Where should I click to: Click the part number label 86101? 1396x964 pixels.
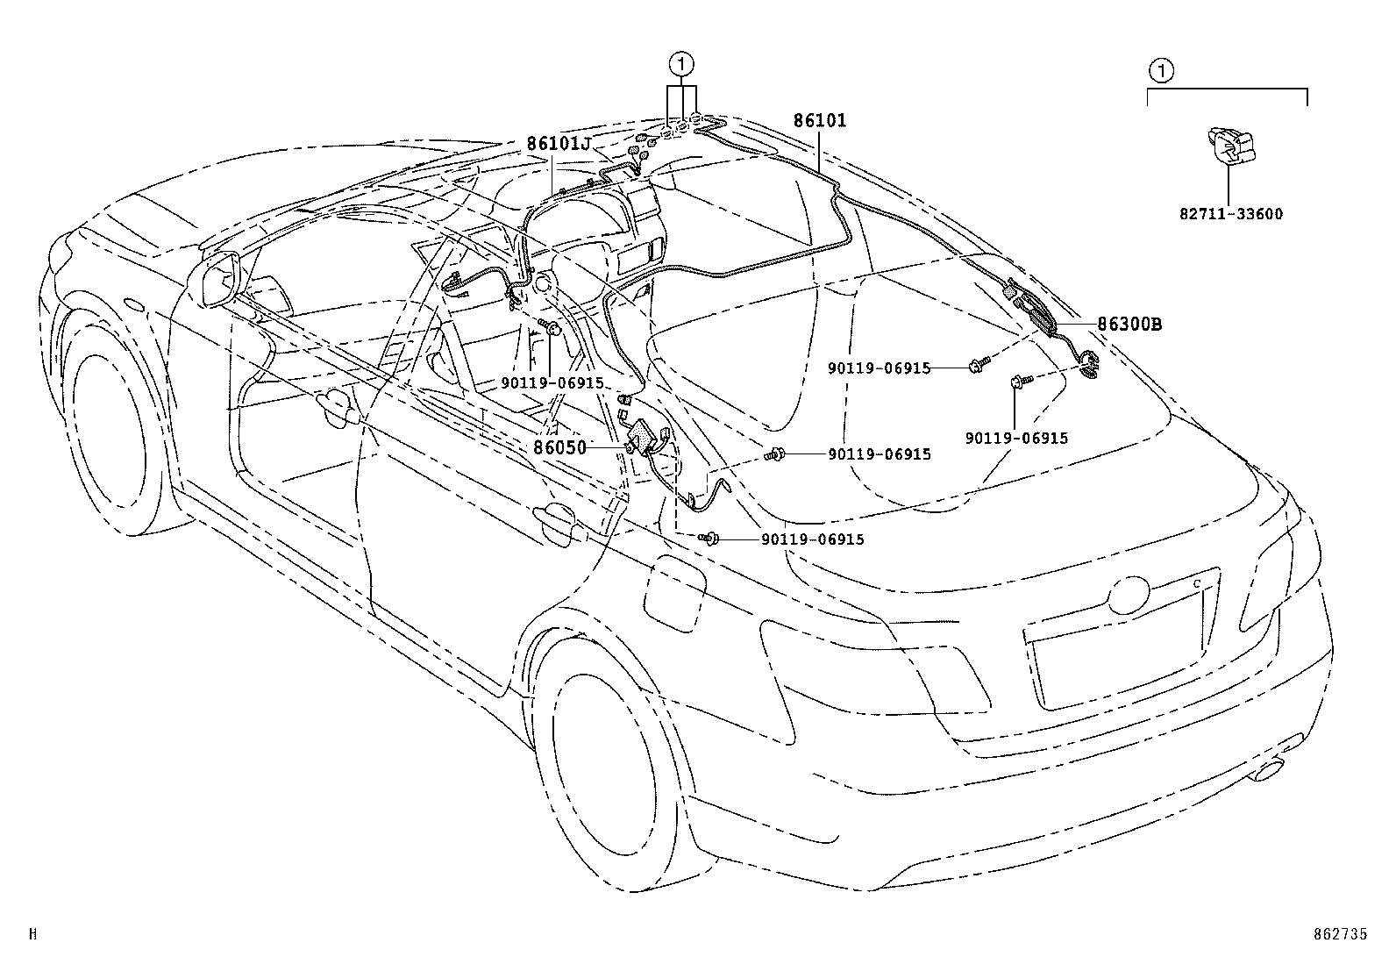coord(820,121)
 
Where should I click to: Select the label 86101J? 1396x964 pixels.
coord(559,144)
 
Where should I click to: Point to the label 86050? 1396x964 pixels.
coord(559,446)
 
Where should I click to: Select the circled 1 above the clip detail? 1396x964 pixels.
coord(1159,70)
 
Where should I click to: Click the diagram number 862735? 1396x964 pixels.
coord(1338,935)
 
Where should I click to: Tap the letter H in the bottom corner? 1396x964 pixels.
coord(33,935)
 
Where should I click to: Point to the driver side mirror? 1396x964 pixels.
coord(219,279)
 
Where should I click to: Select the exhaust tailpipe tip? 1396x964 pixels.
coord(1269,770)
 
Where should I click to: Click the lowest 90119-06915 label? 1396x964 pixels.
coord(812,539)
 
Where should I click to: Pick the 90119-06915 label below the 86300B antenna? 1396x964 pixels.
coord(1016,438)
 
